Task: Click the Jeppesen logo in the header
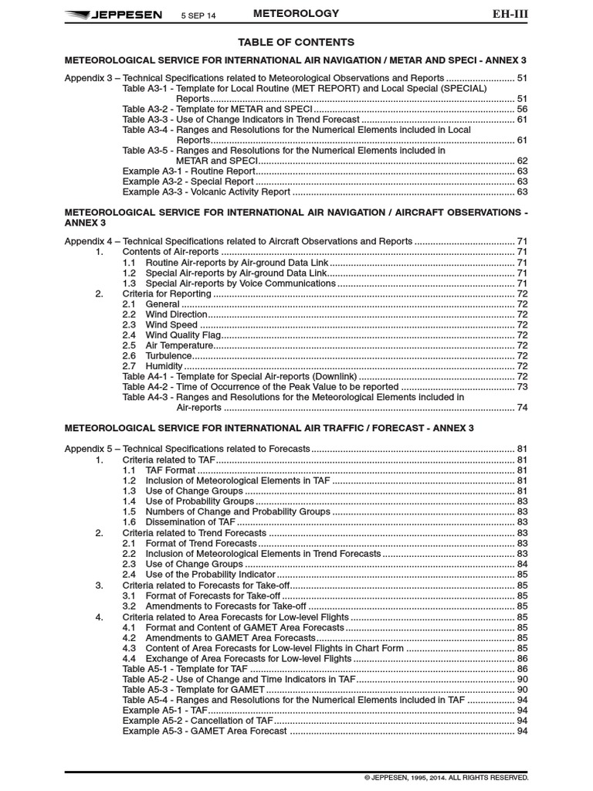point(113,14)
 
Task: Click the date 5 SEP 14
point(198,15)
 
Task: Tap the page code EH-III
point(510,13)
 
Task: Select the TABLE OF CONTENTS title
point(296,42)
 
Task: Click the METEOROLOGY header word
point(296,13)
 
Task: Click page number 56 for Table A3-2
point(522,110)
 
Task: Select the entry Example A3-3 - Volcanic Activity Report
point(206,192)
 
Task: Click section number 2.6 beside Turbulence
point(129,355)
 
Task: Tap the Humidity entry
point(164,365)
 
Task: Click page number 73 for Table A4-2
point(522,386)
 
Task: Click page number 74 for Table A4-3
point(522,407)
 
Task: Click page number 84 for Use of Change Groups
point(522,564)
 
